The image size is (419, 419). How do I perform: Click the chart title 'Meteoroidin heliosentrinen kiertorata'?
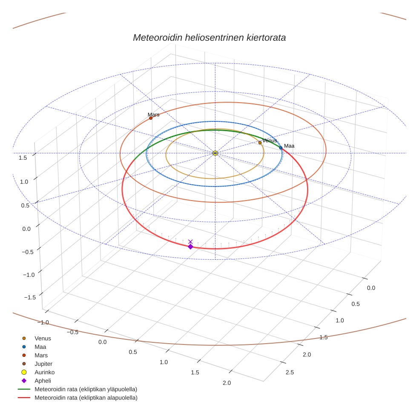tap(209, 37)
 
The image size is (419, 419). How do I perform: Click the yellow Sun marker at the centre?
tap(215, 153)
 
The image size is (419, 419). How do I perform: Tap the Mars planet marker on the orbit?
tap(151, 118)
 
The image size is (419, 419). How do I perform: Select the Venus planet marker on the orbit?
tap(260, 143)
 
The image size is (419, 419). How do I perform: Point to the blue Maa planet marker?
tap(281, 148)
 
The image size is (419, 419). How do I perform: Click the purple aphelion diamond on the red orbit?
tap(190, 247)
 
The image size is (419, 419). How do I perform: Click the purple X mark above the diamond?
tap(190, 241)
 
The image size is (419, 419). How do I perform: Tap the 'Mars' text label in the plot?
tap(153, 115)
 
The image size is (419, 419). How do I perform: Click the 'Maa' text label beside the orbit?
tap(289, 146)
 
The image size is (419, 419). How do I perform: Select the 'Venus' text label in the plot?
tap(270, 141)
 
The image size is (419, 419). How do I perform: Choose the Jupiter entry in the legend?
tap(43, 364)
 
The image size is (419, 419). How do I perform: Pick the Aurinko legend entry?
tap(44, 372)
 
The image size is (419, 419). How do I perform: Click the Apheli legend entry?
tap(43, 381)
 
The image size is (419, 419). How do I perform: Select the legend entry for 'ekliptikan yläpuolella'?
tap(86, 389)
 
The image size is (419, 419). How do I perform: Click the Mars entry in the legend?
tap(41, 355)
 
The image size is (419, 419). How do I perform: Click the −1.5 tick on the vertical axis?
tap(20, 297)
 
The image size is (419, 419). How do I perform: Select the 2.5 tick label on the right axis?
tap(289, 373)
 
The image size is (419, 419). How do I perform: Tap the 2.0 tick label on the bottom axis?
tap(227, 383)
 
